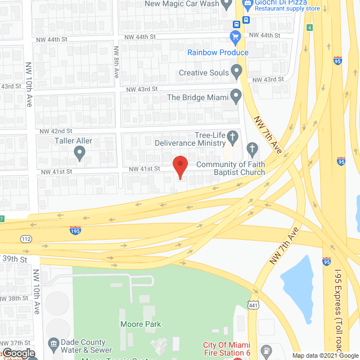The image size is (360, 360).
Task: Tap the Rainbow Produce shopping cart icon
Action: tap(236, 38)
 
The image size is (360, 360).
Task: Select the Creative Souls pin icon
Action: tap(237, 72)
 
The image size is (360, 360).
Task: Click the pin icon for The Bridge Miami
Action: tap(236, 97)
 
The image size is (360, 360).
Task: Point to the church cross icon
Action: tap(253, 150)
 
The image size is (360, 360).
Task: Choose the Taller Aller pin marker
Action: tap(79, 152)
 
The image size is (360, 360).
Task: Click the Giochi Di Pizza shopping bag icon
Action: tap(246, 4)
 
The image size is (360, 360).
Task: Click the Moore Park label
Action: tap(141, 324)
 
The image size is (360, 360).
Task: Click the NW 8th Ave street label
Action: tap(116, 61)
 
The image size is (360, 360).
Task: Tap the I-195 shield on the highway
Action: tap(75, 230)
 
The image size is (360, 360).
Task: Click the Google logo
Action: tap(18, 353)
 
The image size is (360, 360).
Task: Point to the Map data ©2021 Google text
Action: tap(325, 355)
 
